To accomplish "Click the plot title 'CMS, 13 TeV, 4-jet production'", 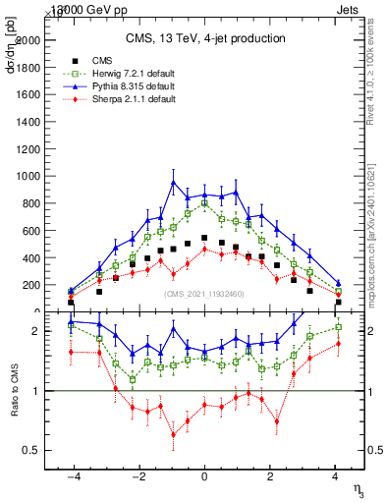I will [204, 38].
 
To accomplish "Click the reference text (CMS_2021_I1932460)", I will [204, 294].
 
